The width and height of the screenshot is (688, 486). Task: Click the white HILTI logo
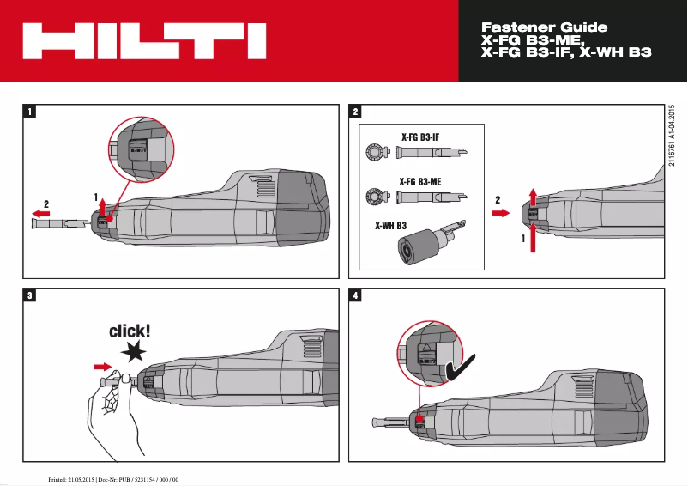pyautogui.click(x=143, y=41)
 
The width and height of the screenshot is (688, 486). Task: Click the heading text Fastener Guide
pyautogui.click(x=545, y=27)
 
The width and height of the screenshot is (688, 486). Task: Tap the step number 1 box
pyautogui.click(x=30, y=111)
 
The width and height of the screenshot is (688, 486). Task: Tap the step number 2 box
pyautogui.click(x=356, y=111)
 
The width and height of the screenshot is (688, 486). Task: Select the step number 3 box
pyautogui.click(x=30, y=295)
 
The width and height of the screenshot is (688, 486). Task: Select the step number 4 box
pyautogui.click(x=356, y=295)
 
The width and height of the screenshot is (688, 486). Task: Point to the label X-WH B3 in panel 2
pyautogui.click(x=389, y=227)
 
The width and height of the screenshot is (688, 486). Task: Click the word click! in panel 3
pyautogui.click(x=130, y=331)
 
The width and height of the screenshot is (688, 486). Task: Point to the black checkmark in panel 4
pyautogui.click(x=463, y=368)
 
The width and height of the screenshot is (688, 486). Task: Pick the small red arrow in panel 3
pyautogui.click(x=101, y=367)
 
